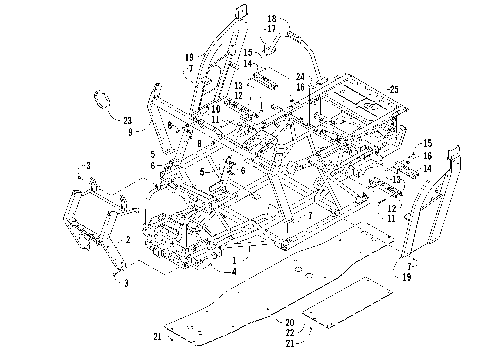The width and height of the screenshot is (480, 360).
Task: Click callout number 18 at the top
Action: click(271, 19)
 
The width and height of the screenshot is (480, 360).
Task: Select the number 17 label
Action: click(271, 29)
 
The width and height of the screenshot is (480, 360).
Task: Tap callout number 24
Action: click(300, 76)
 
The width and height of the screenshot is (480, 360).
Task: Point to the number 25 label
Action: click(394, 89)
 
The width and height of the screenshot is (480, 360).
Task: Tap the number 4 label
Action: click(232, 271)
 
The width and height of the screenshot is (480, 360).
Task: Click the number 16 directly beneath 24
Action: click(300, 87)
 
